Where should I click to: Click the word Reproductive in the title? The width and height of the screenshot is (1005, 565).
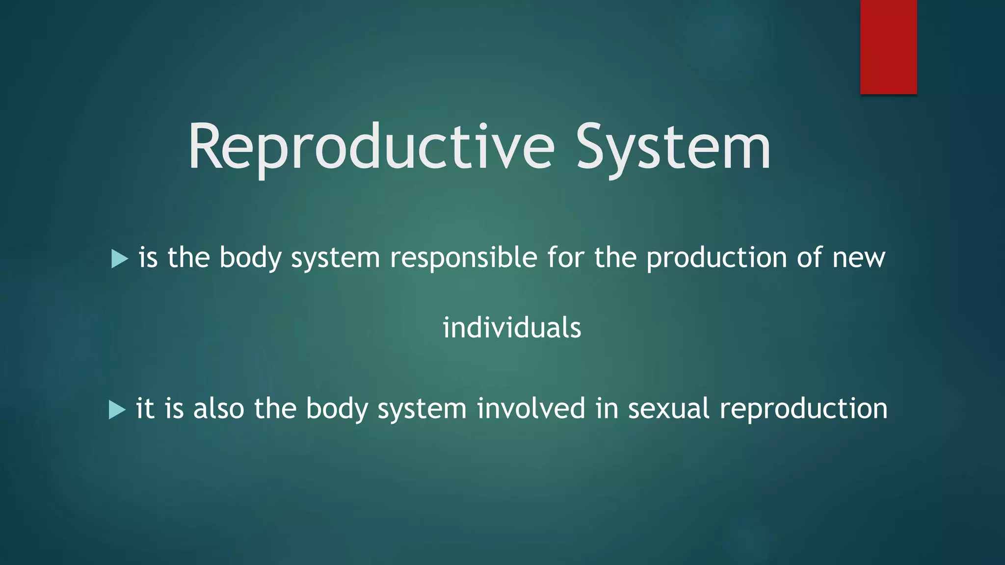click(371, 147)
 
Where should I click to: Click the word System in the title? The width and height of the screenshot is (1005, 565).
click(673, 147)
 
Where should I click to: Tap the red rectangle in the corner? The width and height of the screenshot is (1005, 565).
click(888, 47)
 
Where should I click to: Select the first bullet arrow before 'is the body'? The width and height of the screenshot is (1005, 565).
click(119, 258)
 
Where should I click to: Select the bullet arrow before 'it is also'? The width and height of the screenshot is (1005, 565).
click(117, 410)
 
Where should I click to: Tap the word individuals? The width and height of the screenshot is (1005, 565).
click(512, 328)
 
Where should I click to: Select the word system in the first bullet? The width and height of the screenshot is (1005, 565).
click(335, 259)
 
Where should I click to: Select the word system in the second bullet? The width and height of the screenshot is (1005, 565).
click(422, 410)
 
